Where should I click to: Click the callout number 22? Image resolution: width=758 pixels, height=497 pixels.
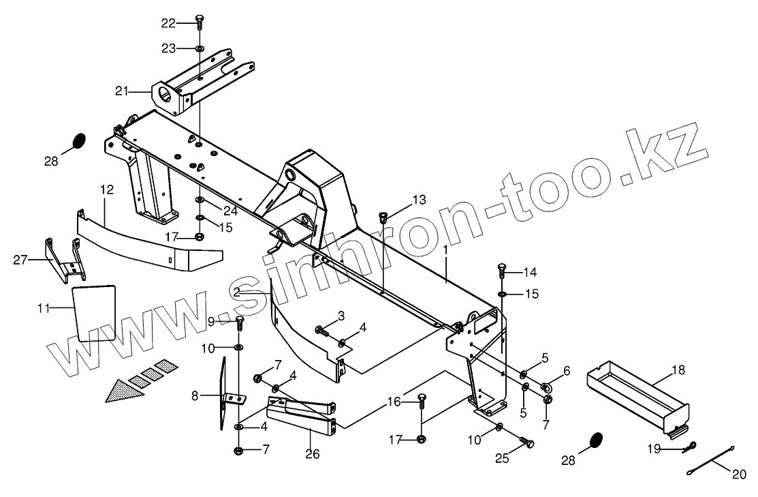168,23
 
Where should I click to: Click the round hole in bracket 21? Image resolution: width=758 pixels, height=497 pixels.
165,93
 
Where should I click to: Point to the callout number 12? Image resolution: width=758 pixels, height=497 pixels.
107,190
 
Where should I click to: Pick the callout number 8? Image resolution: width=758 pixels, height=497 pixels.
194,395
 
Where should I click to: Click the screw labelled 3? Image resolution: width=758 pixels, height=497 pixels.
321,331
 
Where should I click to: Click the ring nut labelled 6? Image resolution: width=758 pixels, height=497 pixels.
547,388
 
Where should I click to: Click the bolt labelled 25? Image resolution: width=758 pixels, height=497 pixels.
528,444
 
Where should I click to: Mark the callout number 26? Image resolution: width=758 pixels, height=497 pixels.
312,454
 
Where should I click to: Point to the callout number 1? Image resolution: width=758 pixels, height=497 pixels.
445,250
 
